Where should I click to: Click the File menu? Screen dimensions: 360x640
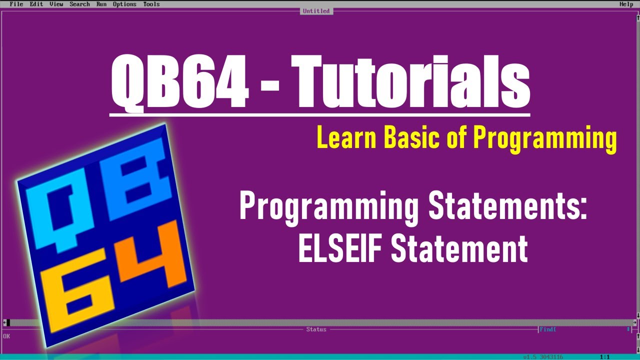click(16, 4)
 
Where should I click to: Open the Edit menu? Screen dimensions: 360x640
click(36, 4)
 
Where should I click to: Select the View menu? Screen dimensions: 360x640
click(56, 4)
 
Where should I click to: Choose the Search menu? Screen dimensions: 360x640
click(79, 4)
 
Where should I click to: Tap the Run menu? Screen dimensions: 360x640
click(101, 4)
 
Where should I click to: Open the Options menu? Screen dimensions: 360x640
click(124, 4)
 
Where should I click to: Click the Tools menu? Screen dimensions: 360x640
click(151, 4)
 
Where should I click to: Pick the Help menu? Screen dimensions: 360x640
click(626, 4)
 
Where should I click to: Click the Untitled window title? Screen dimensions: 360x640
click(316, 11)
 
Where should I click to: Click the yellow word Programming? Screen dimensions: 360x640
click(544, 138)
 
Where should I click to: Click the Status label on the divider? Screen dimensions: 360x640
click(316, 329)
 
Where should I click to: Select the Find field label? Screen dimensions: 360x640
click(548, 329)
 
